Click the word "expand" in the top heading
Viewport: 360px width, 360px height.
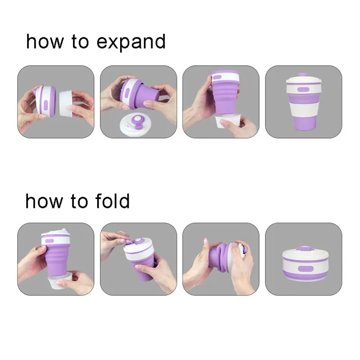point(131,42)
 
